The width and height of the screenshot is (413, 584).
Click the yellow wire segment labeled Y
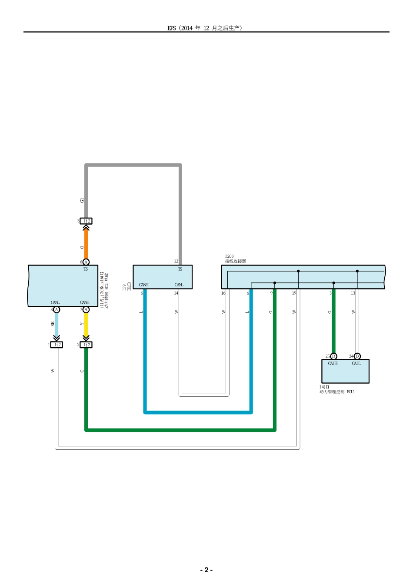tap(86, 324)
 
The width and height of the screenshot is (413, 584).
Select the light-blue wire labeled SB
tap(57, 324)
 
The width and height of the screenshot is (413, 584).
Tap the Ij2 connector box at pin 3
tap(86, 221)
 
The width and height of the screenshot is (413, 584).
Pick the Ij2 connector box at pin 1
tap(57, 345)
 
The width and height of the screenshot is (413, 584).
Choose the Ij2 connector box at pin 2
tap(86, 345)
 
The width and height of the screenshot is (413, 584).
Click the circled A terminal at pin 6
tap(86, 262)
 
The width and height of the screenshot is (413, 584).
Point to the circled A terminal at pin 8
tap(57, 310)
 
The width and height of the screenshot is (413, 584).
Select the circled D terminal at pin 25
tap(333, 356)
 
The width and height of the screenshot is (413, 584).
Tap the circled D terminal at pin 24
tap(357, 356)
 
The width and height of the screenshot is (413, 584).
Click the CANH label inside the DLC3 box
tap(143, 285)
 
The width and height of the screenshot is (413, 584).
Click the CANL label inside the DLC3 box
tap(179, 285)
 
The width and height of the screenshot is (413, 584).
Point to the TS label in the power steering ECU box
tap(86, 269)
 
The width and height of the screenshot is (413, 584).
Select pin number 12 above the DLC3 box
tap(176, 262)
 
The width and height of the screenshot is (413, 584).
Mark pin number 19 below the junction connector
tap(294, 293)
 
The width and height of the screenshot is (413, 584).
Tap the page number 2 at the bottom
tap(206, 570)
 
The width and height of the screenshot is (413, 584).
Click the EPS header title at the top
tap(205, 28)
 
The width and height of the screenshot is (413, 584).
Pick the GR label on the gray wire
tap(82, 200)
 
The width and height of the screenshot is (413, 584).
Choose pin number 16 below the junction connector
tap(223, 293)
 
